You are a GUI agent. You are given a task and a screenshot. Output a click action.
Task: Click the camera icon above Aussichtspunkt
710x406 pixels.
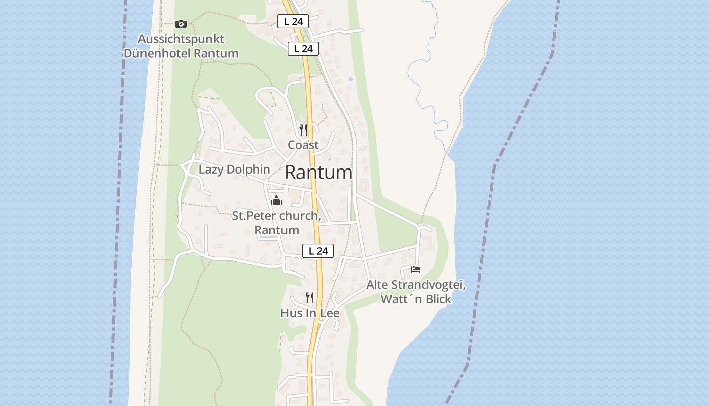pos(181,24)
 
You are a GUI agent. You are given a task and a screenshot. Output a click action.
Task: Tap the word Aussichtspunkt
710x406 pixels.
pos(181,39)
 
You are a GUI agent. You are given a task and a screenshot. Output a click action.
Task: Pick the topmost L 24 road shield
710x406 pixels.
pos(293,21)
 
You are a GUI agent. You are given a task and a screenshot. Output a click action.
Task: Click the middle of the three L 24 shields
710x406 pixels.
pos(303,49)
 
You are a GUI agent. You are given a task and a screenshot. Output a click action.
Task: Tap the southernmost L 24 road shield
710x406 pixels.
pos(318,251)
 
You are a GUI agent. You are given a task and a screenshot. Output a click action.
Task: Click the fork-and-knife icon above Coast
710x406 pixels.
pos(303,130)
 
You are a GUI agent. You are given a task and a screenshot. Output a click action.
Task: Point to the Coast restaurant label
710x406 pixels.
pos(303,145)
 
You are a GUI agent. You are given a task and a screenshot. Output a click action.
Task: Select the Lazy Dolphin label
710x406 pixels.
pos(234,170)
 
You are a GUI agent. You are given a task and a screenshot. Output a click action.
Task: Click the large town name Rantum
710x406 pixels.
pos(318,173)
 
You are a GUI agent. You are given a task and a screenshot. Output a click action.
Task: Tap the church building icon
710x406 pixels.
pos(276,200)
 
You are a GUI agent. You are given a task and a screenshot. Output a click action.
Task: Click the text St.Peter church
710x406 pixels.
pos(276,216)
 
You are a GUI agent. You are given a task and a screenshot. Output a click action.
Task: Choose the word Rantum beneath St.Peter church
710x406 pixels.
pos(276,230)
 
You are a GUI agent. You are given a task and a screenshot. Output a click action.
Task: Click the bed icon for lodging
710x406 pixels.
pos(416,269)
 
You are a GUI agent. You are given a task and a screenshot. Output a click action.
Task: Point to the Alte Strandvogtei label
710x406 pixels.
pos(416,285)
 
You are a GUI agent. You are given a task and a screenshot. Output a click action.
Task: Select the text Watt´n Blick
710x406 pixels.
pos(416,299)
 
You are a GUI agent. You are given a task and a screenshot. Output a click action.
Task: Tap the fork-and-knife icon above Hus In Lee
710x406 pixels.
pos(310,297)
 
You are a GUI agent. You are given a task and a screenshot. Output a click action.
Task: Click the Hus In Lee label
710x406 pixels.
pos(310,313)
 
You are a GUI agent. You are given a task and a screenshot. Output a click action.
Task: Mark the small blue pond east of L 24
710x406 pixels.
pos(350,79)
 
